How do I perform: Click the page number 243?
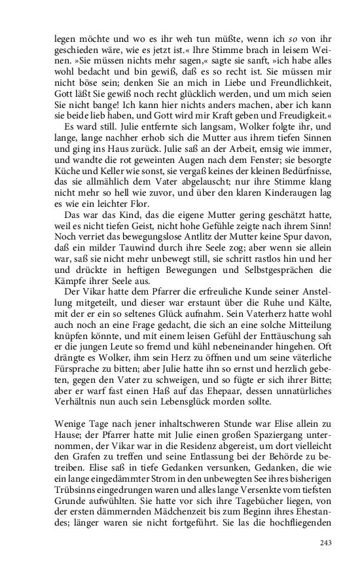point(326,543)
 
